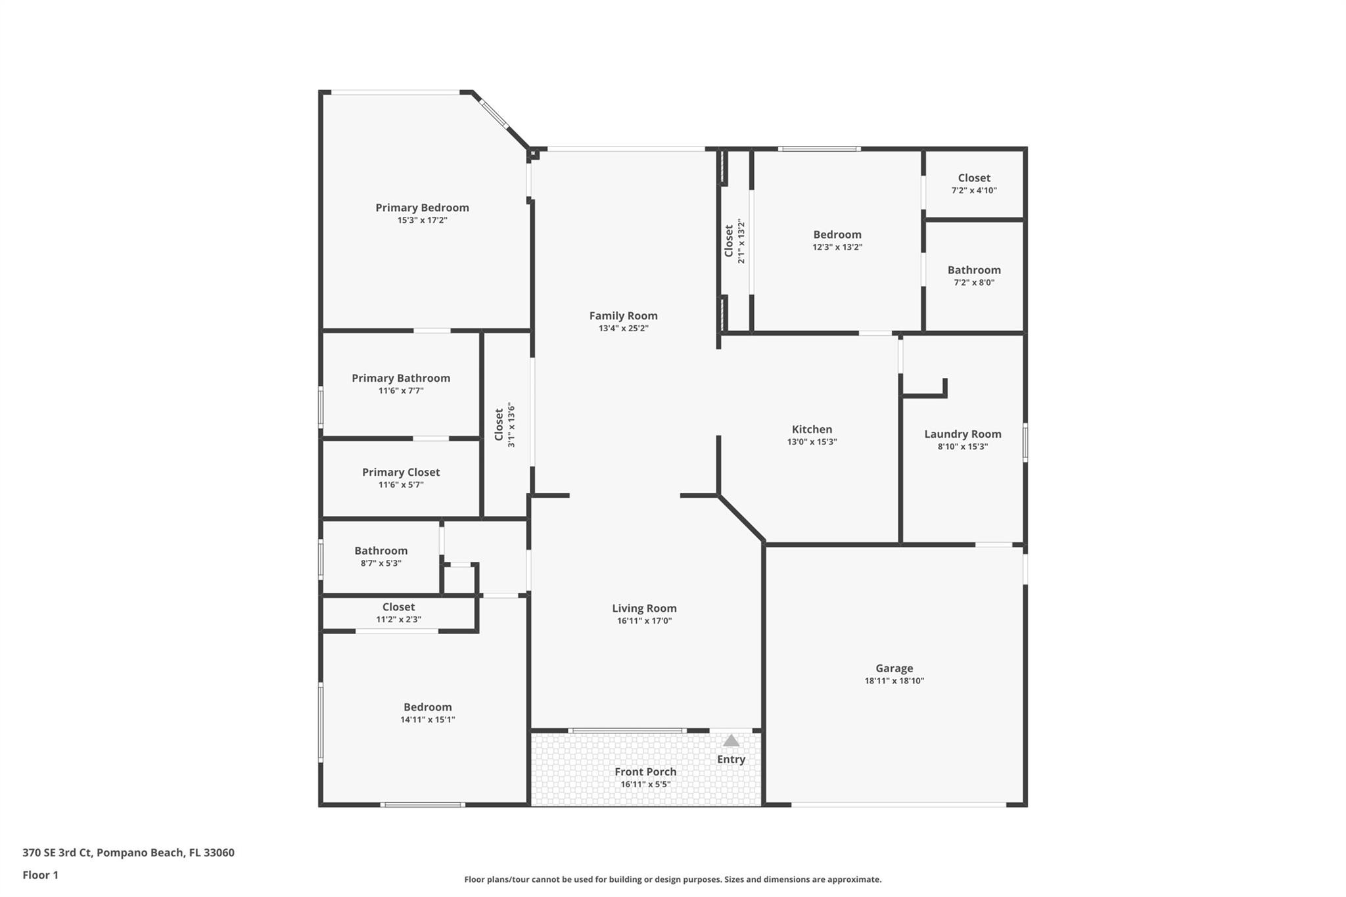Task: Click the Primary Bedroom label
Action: coord(422,208)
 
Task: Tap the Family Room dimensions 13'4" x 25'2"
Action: coord(623,329)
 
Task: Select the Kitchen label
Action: coord(812,429)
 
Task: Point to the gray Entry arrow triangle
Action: coord(731,741)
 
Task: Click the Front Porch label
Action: coord(645,771)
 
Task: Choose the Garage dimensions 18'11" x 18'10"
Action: coord(894,681)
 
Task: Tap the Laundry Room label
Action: coord(962,434)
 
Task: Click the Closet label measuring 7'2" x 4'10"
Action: coord(973,178)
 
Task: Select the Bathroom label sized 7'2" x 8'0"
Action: coord(973,270)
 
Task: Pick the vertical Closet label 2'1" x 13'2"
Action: coord(729,241)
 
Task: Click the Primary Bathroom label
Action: coord(400,378)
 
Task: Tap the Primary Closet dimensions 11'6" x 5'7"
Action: coord(400,485)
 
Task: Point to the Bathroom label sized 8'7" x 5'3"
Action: coord(381,551)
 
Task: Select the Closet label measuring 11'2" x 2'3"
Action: coord(398,607)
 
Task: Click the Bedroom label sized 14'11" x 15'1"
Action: coord(427,707)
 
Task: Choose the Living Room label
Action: coord(644,609)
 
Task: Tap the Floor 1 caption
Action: coord(40,875)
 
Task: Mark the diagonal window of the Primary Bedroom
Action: coord(493,113)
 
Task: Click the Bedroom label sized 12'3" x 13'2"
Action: coord(837,235)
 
